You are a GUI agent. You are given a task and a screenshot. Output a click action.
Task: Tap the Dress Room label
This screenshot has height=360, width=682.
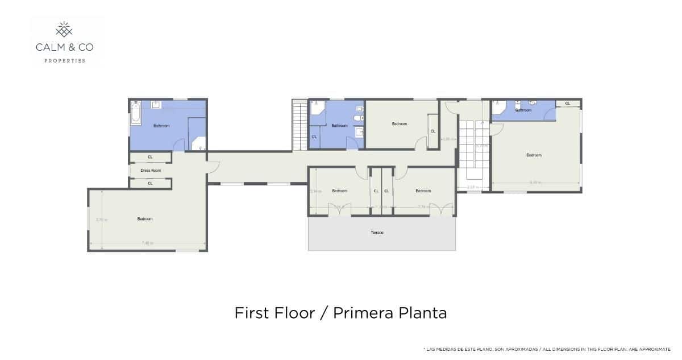point(151,170)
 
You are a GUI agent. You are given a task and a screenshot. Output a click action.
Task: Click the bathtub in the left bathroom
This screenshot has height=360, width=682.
point(135,113)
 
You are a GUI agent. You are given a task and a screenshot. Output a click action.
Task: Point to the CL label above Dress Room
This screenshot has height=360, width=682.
point(150,157)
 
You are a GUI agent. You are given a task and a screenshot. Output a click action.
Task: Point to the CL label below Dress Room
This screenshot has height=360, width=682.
point(150,183)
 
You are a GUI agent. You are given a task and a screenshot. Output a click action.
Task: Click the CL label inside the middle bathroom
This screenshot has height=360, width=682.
point(314,137)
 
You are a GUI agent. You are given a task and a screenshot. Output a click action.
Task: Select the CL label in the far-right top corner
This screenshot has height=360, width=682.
point(567,103)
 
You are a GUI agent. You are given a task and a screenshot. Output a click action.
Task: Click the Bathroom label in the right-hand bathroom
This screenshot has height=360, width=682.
point(523,110)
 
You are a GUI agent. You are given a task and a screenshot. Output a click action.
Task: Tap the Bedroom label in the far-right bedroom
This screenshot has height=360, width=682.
point(534,155)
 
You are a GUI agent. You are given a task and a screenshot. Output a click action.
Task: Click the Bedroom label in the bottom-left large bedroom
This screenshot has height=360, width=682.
point(145,219)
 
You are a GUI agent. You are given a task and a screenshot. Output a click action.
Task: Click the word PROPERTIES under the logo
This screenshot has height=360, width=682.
point(65,60)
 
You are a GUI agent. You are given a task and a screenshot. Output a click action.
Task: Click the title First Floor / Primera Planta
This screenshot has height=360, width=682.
point(340,313)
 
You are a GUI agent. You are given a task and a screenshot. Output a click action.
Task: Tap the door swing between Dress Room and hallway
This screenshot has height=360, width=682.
point(213,165)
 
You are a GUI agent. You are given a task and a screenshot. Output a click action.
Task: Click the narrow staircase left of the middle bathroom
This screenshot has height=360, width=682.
point(299,125)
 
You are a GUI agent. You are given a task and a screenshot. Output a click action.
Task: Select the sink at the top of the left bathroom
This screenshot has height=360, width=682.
point(156,105)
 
